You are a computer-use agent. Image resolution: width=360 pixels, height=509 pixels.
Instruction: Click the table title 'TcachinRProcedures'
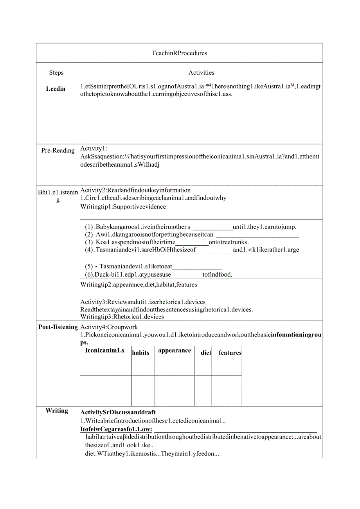click(179, 53)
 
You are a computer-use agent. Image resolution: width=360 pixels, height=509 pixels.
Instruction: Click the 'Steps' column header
click(56, 73)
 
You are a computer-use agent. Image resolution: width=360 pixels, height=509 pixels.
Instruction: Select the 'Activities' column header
click(201, 73)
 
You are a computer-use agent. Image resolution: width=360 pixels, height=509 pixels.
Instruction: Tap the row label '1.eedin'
click(56, 89)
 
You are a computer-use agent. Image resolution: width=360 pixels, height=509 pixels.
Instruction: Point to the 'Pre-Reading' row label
click(58, 151)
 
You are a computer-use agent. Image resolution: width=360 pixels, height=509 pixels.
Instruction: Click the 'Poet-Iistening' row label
click(58, 327)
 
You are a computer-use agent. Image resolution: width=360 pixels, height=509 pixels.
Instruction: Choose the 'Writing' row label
click(57, 411)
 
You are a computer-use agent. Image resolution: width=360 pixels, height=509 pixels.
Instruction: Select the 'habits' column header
click(140, 353)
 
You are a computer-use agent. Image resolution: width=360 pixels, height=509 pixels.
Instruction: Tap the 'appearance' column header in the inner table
click(175, 351)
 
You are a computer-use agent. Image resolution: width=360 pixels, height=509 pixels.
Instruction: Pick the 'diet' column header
click(206, 353)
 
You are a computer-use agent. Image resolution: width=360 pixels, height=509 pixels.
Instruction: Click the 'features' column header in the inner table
click(230, 353)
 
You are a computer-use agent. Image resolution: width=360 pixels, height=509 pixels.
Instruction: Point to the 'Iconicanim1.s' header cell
click(104, 351)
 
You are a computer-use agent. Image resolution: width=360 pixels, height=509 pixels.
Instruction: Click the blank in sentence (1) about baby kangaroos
click(213, 227)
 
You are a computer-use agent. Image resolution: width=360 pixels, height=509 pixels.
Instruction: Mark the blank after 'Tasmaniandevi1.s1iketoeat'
click(197, 267)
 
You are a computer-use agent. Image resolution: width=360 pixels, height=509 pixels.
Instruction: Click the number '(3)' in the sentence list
click(89, 242)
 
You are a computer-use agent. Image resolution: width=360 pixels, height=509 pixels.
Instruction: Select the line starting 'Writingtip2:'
click(139, 285)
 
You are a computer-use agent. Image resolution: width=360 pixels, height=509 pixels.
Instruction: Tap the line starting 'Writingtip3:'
click(122, 317)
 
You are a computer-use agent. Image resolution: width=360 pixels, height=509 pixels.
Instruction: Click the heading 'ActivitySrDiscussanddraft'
click(118, 412)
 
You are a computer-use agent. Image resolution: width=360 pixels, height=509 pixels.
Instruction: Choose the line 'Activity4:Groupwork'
click(109, 327)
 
